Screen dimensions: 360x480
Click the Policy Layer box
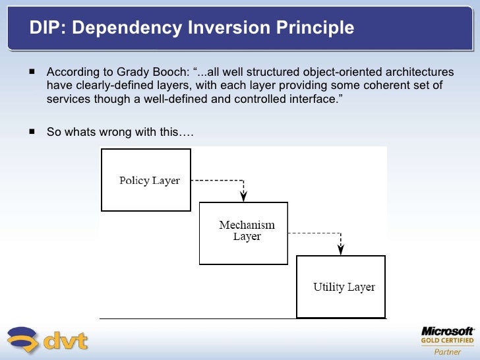(146, 180)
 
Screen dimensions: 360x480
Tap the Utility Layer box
(341, 287)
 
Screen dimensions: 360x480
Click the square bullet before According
(31, 71)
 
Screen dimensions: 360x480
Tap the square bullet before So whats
(31, 131)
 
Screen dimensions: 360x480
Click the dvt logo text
(66, 341)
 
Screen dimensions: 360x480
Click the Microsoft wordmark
(447, 331)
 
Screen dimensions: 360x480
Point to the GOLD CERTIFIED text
(447, 341)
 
